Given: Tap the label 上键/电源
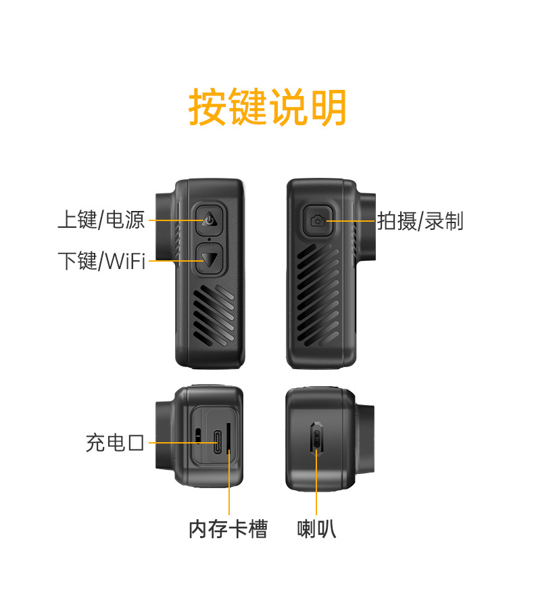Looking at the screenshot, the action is pyautogui.click(x=101, y=220).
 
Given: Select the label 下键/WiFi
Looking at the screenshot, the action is pyautogui.click(x=102, y=260).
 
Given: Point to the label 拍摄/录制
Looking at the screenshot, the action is pyautogui.click(x=420, y=220).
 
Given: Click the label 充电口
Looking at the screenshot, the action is pyautogui.click(x=115, y=443).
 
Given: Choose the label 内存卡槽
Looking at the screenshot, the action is pyautogui.click(x=228, y=529).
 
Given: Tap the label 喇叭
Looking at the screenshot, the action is pyautogui.click(x=316, y=529).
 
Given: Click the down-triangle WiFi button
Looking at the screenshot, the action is pyautogui.click(x=210, y=259).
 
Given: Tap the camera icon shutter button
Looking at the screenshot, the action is pyautogui.click(x=318, y=220).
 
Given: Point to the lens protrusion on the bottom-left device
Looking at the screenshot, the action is pyautogui.click(x=165, y=436).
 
